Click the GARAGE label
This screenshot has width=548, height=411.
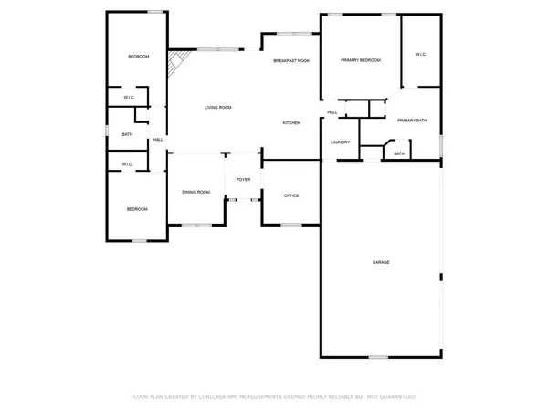pos(381,262)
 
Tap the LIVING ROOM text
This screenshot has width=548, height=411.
pos(217,108)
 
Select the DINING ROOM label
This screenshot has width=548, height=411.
pos(196,192)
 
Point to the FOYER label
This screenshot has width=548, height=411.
pos(243,180)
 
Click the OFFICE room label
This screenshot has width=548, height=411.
pos(291,195)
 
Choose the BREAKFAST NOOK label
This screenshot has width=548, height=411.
pos(291,60)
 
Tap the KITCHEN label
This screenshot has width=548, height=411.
pos(291,122)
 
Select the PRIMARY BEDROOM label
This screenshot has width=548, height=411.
pos(361,60)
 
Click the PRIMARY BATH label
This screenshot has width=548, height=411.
pos(412,120)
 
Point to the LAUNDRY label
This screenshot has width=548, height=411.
pos(341,142)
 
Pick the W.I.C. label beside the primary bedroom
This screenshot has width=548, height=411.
pos(421,54)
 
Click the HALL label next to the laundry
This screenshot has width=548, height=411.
pos(332,112)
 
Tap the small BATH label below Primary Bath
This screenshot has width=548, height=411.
pos(399,153)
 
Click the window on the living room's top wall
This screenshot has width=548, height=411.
pos(220,48)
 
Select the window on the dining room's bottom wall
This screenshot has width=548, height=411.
pos(195,224)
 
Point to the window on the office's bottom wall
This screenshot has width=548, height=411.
pos(291,224)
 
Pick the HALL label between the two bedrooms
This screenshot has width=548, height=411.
pos(158,139)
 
